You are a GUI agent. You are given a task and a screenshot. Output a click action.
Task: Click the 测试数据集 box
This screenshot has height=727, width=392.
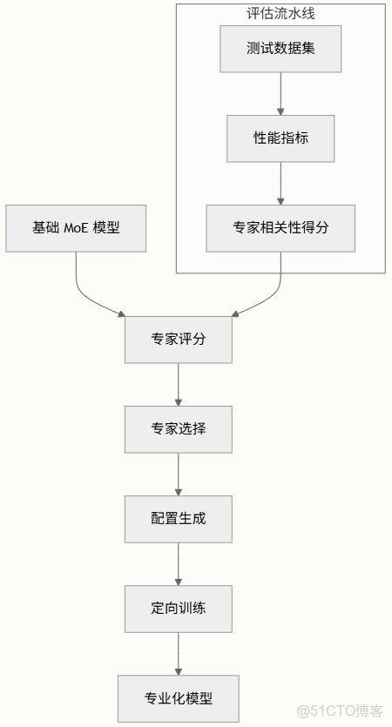click(280, 48)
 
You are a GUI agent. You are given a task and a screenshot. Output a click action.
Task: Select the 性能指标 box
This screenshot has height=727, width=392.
click(280, 138)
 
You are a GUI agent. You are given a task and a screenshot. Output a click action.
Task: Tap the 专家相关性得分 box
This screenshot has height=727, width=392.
click(280, 228)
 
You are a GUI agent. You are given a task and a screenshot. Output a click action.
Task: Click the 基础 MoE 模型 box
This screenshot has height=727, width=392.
click(76, 228)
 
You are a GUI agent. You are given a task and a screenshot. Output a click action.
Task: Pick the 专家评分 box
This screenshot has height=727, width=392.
click(179, 340)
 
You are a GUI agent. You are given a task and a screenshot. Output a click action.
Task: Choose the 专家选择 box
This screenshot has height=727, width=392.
click(179, 428)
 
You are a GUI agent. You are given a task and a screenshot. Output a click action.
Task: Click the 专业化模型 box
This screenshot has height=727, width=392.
click(179, 698)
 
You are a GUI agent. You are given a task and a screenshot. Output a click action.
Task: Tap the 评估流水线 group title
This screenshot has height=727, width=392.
click(280, 13)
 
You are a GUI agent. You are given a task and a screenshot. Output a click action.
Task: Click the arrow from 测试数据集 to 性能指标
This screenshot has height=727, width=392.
click(280, 93)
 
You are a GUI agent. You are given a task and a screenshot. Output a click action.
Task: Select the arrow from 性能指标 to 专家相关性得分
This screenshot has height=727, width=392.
click(280, 183)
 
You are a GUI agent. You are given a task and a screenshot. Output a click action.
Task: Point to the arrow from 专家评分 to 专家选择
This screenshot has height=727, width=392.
click(179, 384)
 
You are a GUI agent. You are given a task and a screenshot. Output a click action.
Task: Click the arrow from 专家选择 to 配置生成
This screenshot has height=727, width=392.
click(179, 474)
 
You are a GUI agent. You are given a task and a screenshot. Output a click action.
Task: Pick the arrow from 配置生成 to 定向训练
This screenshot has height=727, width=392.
click(179, 563)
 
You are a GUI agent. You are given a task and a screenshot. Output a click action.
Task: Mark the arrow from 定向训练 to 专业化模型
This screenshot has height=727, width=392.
click(179, 653)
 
